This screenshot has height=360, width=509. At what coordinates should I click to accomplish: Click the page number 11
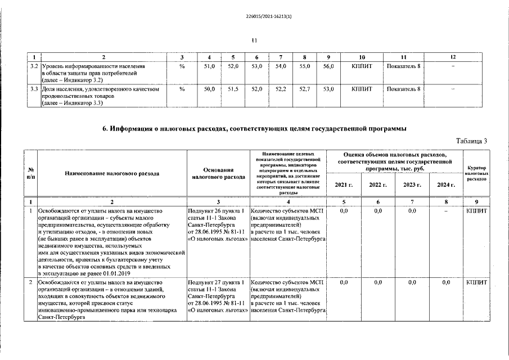[254, 40]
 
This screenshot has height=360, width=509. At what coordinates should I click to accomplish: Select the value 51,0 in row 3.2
[209, 66]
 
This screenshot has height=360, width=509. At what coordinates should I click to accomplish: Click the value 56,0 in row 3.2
[328, 66]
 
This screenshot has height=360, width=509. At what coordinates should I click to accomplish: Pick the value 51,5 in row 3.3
[233, 89]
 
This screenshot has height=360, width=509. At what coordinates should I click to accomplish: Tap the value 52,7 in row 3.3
[304, 89]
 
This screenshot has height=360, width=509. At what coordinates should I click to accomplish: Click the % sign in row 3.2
[182, 66]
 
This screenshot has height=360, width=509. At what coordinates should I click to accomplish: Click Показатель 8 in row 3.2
[404, 66]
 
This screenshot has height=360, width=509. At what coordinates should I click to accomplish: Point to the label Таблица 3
[471, 141]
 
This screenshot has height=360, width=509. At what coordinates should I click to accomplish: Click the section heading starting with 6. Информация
[254, 129]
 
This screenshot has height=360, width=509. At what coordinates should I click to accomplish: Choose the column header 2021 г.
[344, 184]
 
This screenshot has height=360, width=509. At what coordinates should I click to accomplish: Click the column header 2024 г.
[446, 184]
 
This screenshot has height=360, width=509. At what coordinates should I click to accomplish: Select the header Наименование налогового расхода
[111, 173]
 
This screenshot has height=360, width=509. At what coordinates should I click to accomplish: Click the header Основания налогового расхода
[217, 173]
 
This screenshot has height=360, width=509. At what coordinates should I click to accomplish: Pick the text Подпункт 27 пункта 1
[217, 282]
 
